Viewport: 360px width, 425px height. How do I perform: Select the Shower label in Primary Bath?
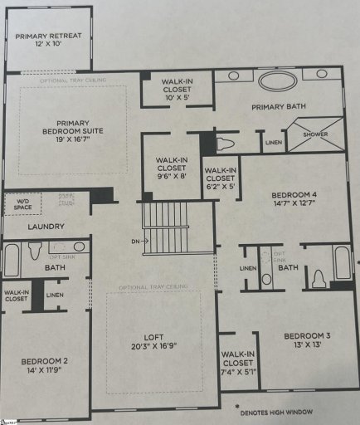click(314, 134)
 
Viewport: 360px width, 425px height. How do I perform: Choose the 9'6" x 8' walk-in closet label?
click(173, 169)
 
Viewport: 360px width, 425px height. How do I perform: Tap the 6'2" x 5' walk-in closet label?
click(220, 179)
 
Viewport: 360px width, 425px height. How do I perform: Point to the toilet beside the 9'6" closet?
click(223, 142)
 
